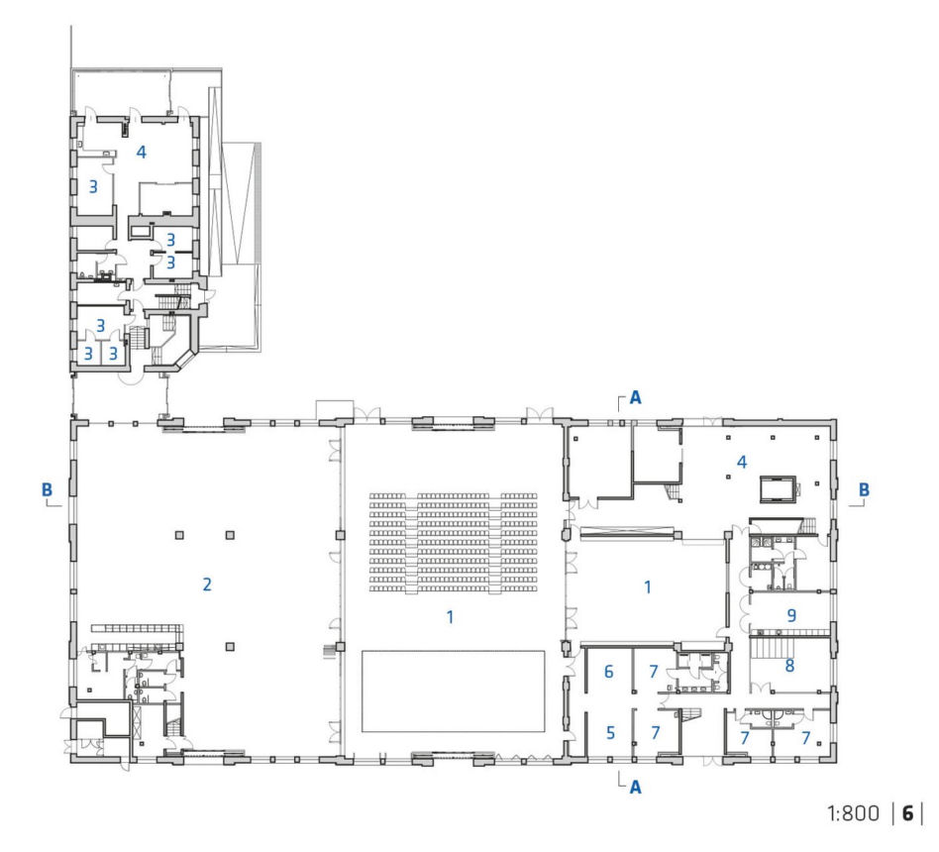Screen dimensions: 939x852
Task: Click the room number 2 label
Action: coord(207,585)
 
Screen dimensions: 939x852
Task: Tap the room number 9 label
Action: coord(791,615)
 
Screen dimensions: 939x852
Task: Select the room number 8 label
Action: coord(789,665)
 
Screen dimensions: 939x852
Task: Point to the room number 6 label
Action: coord(609,672)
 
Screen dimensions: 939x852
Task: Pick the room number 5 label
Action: coord(611,733)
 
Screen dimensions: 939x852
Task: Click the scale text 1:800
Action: coord(854,813)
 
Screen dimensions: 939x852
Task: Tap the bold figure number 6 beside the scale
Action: coord(908,813)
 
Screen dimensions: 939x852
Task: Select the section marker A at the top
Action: coord(635,398)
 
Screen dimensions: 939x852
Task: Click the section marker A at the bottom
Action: coord(635,787)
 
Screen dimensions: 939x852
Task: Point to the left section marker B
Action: coord(47,489)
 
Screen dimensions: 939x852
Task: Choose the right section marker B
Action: coord(864,489)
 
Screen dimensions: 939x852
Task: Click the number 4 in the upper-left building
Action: coord(142,153)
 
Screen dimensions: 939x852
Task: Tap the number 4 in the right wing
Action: coord(742,462)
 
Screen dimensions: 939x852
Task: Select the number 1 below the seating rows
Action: coord(450,616)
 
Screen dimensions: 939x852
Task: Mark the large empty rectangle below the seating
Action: coord(454,692)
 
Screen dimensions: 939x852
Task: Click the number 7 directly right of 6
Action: coord(654,672)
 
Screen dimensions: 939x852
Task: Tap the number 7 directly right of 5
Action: coord(656,733)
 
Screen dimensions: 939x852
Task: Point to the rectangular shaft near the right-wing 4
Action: coord(778,489)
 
